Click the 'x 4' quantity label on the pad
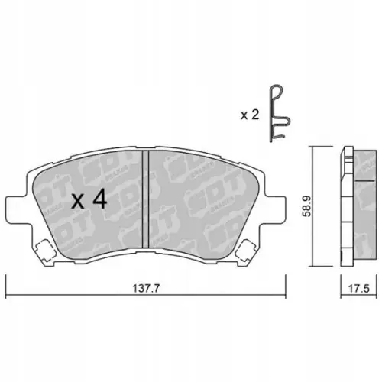point(89,202)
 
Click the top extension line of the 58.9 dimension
point(321,147)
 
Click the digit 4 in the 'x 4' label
point(99,202)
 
